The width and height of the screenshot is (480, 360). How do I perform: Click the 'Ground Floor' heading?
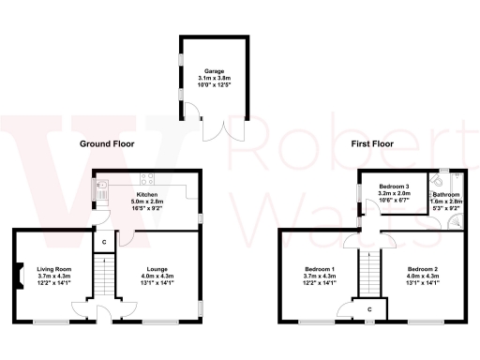coord(106,144)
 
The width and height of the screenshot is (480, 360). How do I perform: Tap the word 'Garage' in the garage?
coord(217,70)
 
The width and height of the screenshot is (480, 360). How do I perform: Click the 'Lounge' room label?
coord(157,267)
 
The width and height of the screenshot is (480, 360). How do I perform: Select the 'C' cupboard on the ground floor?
coord(103,244)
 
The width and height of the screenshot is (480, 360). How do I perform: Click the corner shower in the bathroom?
coord(455,221)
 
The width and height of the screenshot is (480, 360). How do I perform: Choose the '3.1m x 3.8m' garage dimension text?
coord(217,79)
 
